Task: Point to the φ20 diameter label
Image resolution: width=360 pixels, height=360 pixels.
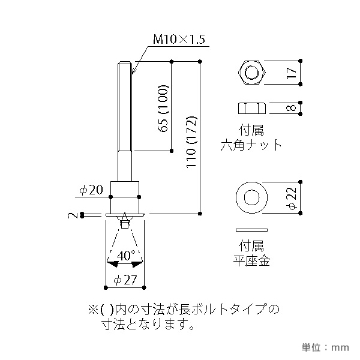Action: pos(92,190)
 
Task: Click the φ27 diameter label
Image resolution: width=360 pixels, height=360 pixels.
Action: pos(125,279)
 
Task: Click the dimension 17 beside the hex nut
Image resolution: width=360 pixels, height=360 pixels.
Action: pos(291,74)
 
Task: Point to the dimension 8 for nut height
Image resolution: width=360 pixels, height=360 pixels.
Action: pos(291,109)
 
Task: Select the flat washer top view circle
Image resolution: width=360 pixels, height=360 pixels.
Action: pos(253,197)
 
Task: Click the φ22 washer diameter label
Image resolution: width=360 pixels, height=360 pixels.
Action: pos(291,197)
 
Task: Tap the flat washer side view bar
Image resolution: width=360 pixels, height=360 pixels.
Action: pos(253,230)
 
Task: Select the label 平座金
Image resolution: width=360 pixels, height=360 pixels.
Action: pos(252,260)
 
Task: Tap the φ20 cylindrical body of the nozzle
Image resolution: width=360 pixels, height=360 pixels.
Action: pos(125,195)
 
